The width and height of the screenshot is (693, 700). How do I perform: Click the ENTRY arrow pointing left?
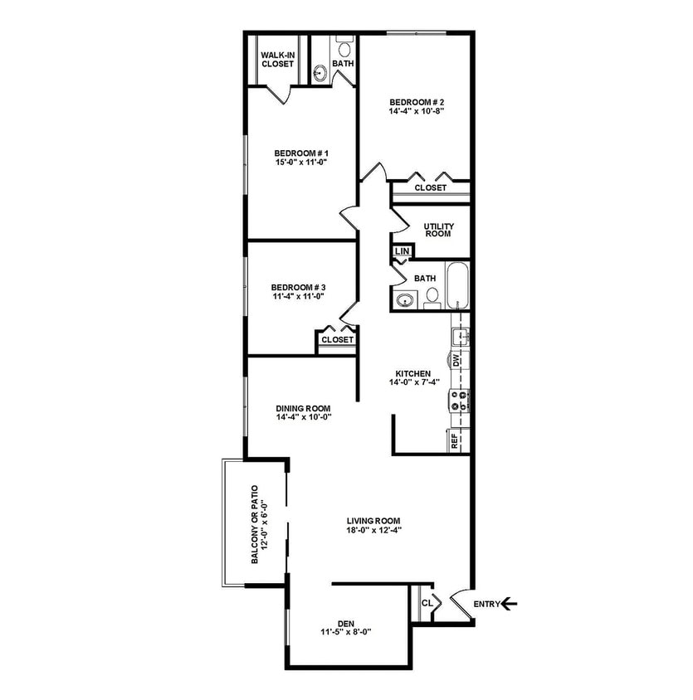coord(510,604)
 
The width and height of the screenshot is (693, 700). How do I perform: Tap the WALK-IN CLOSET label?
coord(274,58)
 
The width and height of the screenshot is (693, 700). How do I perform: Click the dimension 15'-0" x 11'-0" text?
coord(302,163)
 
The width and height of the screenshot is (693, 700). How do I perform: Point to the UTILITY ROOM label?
coord(437,229)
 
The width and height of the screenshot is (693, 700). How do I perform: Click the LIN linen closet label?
coord(401,250)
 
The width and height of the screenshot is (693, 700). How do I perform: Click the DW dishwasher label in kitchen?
coord(456,361)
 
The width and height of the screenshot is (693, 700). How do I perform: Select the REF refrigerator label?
coord(455,440)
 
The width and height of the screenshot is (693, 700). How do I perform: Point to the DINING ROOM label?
coord(304,408)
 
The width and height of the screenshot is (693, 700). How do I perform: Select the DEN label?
coord(345,623)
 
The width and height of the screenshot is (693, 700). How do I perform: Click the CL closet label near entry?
coord(426,604)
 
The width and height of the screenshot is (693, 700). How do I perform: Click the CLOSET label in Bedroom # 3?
coord(337,339)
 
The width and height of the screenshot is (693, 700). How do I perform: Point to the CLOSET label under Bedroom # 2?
coord(430,187)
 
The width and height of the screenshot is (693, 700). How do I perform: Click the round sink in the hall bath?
coord(405,300)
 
